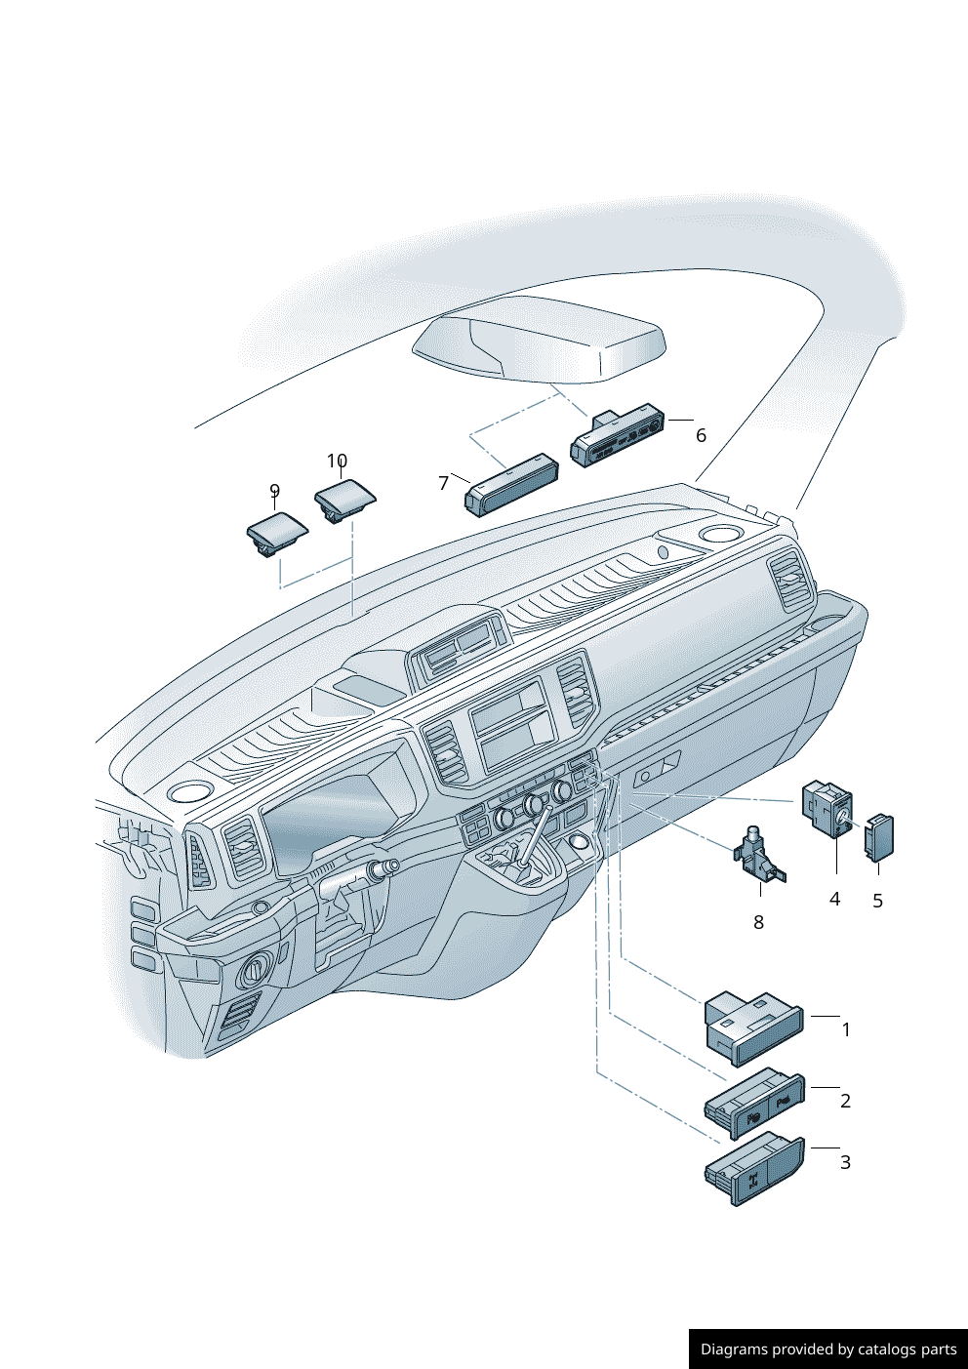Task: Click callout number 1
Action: [846, 1029]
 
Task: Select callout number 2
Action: [845, 1101]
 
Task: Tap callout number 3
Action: [845, 1162]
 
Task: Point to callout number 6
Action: [701, 435]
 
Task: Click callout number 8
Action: [758, 922]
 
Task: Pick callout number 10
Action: [337, 461]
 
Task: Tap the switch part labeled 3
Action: [753, 1170]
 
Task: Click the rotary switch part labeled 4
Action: [827, 810]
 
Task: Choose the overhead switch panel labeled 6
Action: [619, 435]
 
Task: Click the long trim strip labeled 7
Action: [510, 484]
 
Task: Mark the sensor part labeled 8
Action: [757, 857]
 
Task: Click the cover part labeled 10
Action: [344, 499]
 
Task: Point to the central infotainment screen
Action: [513, 726]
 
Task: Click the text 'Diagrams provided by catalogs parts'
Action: [828, 1349]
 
